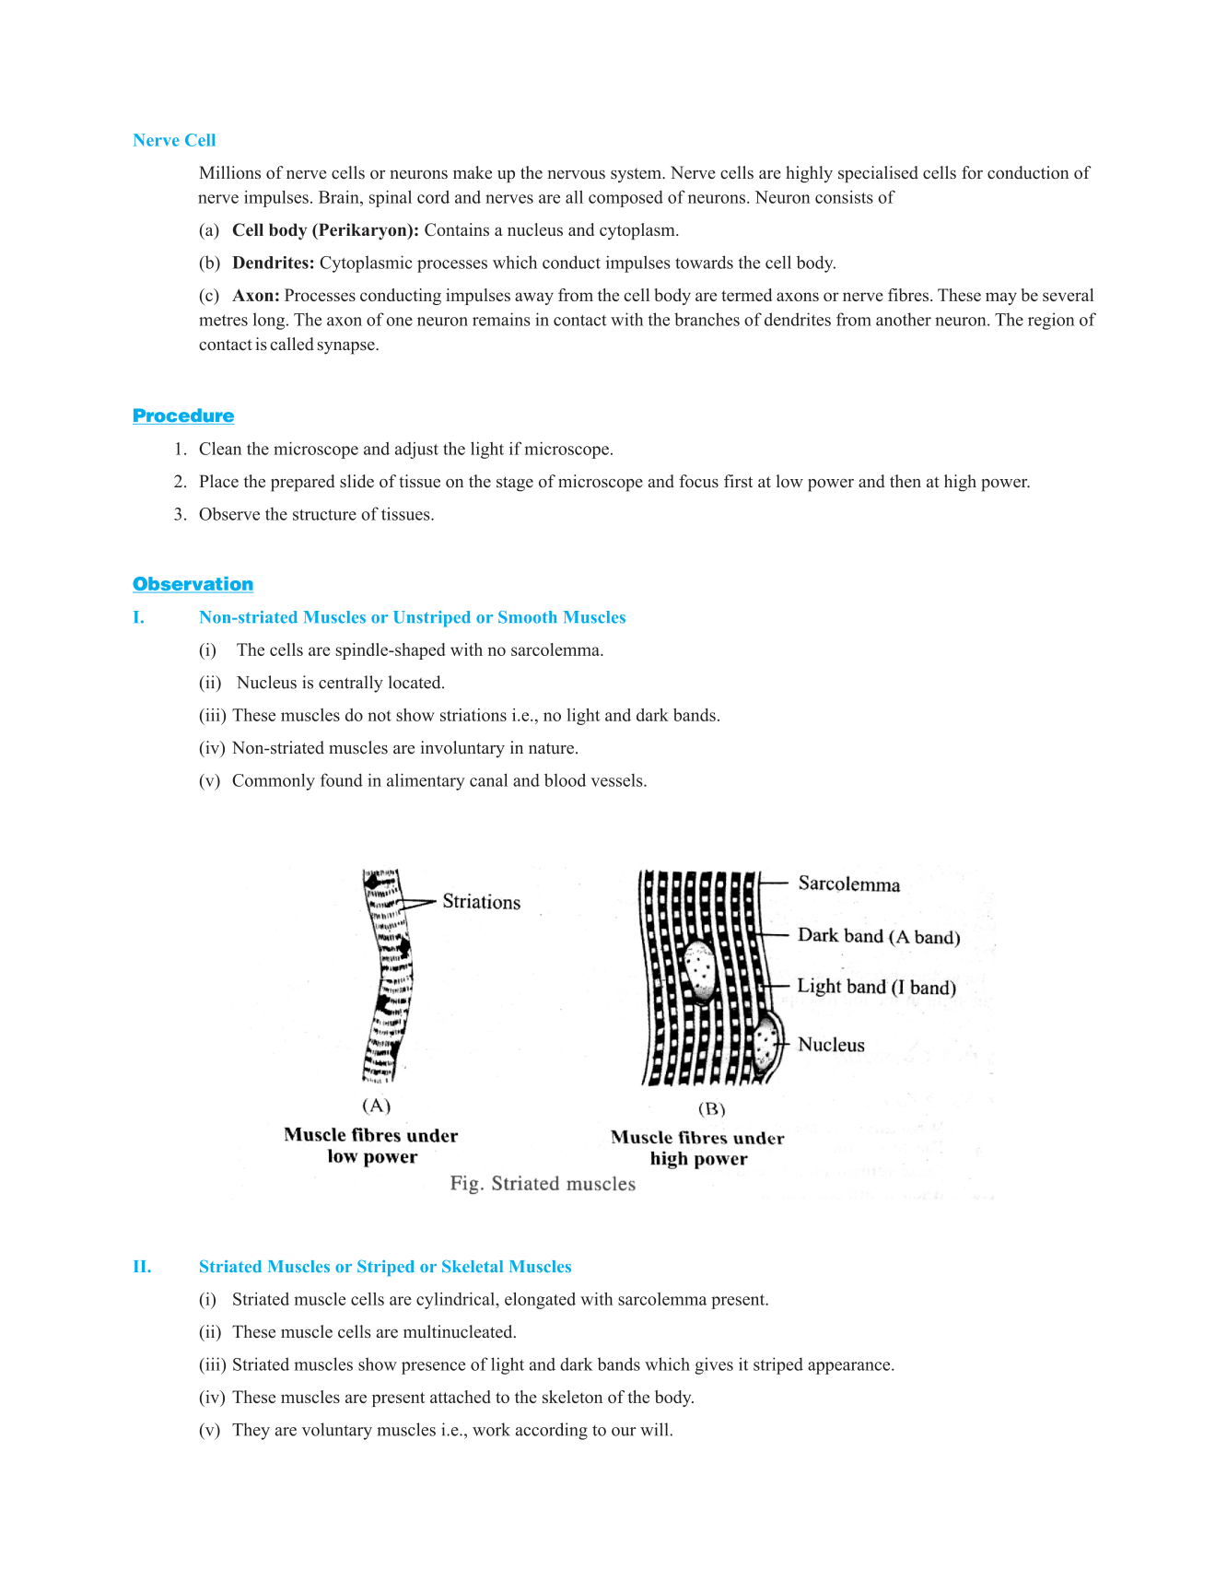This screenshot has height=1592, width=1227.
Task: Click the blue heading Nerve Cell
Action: [174, 140]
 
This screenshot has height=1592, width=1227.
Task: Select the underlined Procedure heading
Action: [183, 416]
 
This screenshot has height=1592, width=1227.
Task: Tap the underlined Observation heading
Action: [193, 584]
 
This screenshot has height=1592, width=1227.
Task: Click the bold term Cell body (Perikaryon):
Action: [325, 230]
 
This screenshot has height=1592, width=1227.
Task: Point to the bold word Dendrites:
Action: [274, 263]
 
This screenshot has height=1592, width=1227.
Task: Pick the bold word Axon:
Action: [256, 296]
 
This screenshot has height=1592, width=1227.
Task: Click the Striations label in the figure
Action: [481, 902]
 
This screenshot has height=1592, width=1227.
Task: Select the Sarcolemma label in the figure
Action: [848, 884]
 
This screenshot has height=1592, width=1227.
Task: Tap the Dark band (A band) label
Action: [879, 936]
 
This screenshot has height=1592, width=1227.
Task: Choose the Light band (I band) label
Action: [876, 987]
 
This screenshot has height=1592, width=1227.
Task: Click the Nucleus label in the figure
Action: [831, 1045]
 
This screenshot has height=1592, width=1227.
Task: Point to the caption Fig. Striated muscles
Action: [543, 1184]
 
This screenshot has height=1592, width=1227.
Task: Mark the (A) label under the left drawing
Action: [376, 1106]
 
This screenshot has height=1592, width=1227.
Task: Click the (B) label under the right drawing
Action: [711, 1108]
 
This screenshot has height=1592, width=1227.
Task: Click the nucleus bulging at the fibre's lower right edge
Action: [766, 1044]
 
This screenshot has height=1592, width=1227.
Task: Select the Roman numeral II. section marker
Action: [142, 1267]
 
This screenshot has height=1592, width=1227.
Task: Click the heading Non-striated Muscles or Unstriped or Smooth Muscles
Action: [412, 617]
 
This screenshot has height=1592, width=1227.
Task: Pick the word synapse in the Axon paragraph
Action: [347, 345]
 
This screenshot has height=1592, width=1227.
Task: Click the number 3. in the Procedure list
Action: [180, 514]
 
